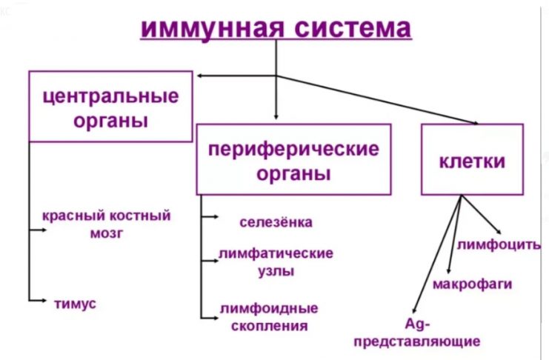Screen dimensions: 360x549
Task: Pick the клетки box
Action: (472, 159)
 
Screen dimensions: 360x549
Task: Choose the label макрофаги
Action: (472, 284)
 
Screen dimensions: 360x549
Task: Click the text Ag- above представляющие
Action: (413, 324)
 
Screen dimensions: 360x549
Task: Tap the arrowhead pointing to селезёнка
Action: (215, 218)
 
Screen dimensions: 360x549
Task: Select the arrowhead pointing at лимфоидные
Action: (215, 312)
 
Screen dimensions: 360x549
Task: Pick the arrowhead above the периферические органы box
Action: (276, 116)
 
